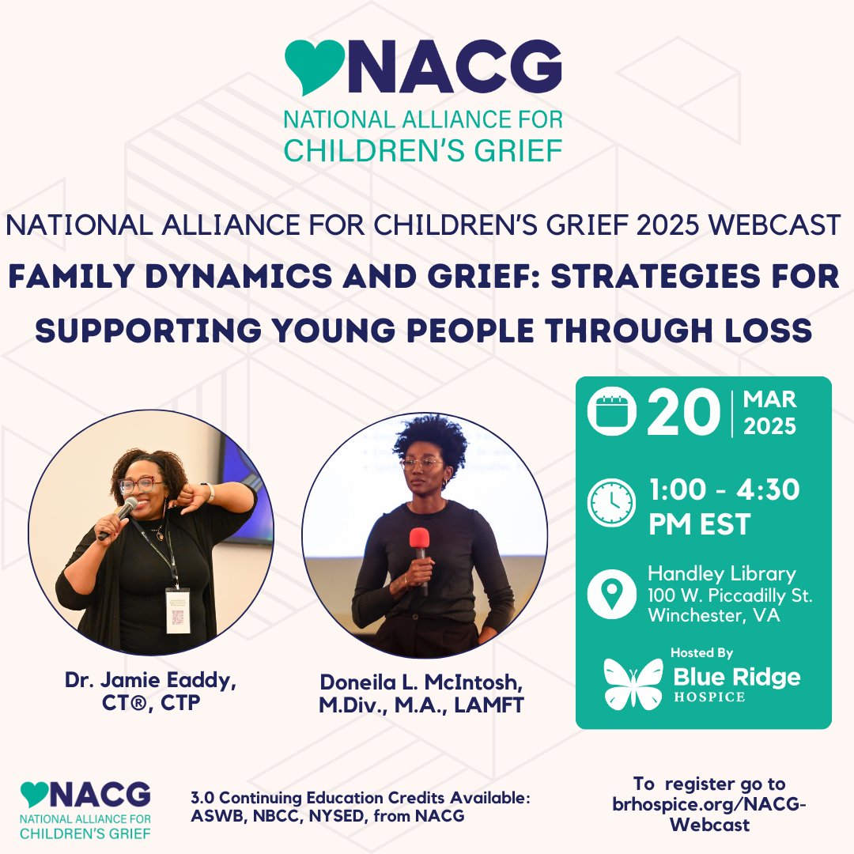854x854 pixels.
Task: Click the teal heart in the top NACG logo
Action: (x=314, y=64)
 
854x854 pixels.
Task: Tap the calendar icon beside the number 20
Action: (x=611, y=411)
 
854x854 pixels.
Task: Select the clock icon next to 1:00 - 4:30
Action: (x=611, y=503)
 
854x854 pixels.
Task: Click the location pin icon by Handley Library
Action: (x=611, y=594)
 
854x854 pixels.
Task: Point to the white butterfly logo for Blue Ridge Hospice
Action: (x=633, y=684)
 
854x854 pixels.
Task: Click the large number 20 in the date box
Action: (x=683, y=412)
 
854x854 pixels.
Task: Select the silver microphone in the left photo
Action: (x=118, y=517)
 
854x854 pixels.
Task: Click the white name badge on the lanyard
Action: (x=178, y=610)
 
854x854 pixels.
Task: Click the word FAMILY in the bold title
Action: (x=71, y=276)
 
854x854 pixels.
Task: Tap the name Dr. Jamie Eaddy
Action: (x=150, y=680)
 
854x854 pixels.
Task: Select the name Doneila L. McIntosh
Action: (x=421, y=682)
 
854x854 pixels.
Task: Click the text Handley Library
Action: (x=722, y=573)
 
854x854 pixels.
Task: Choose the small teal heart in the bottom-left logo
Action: (x=34, y=794)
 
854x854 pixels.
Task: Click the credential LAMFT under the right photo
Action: (x=489, y=705)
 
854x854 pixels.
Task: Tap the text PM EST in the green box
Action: (x=699, y=524)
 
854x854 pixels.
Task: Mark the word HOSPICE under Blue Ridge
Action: (x=709, y=697)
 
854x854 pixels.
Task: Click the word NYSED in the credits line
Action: (x=335, y=816)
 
